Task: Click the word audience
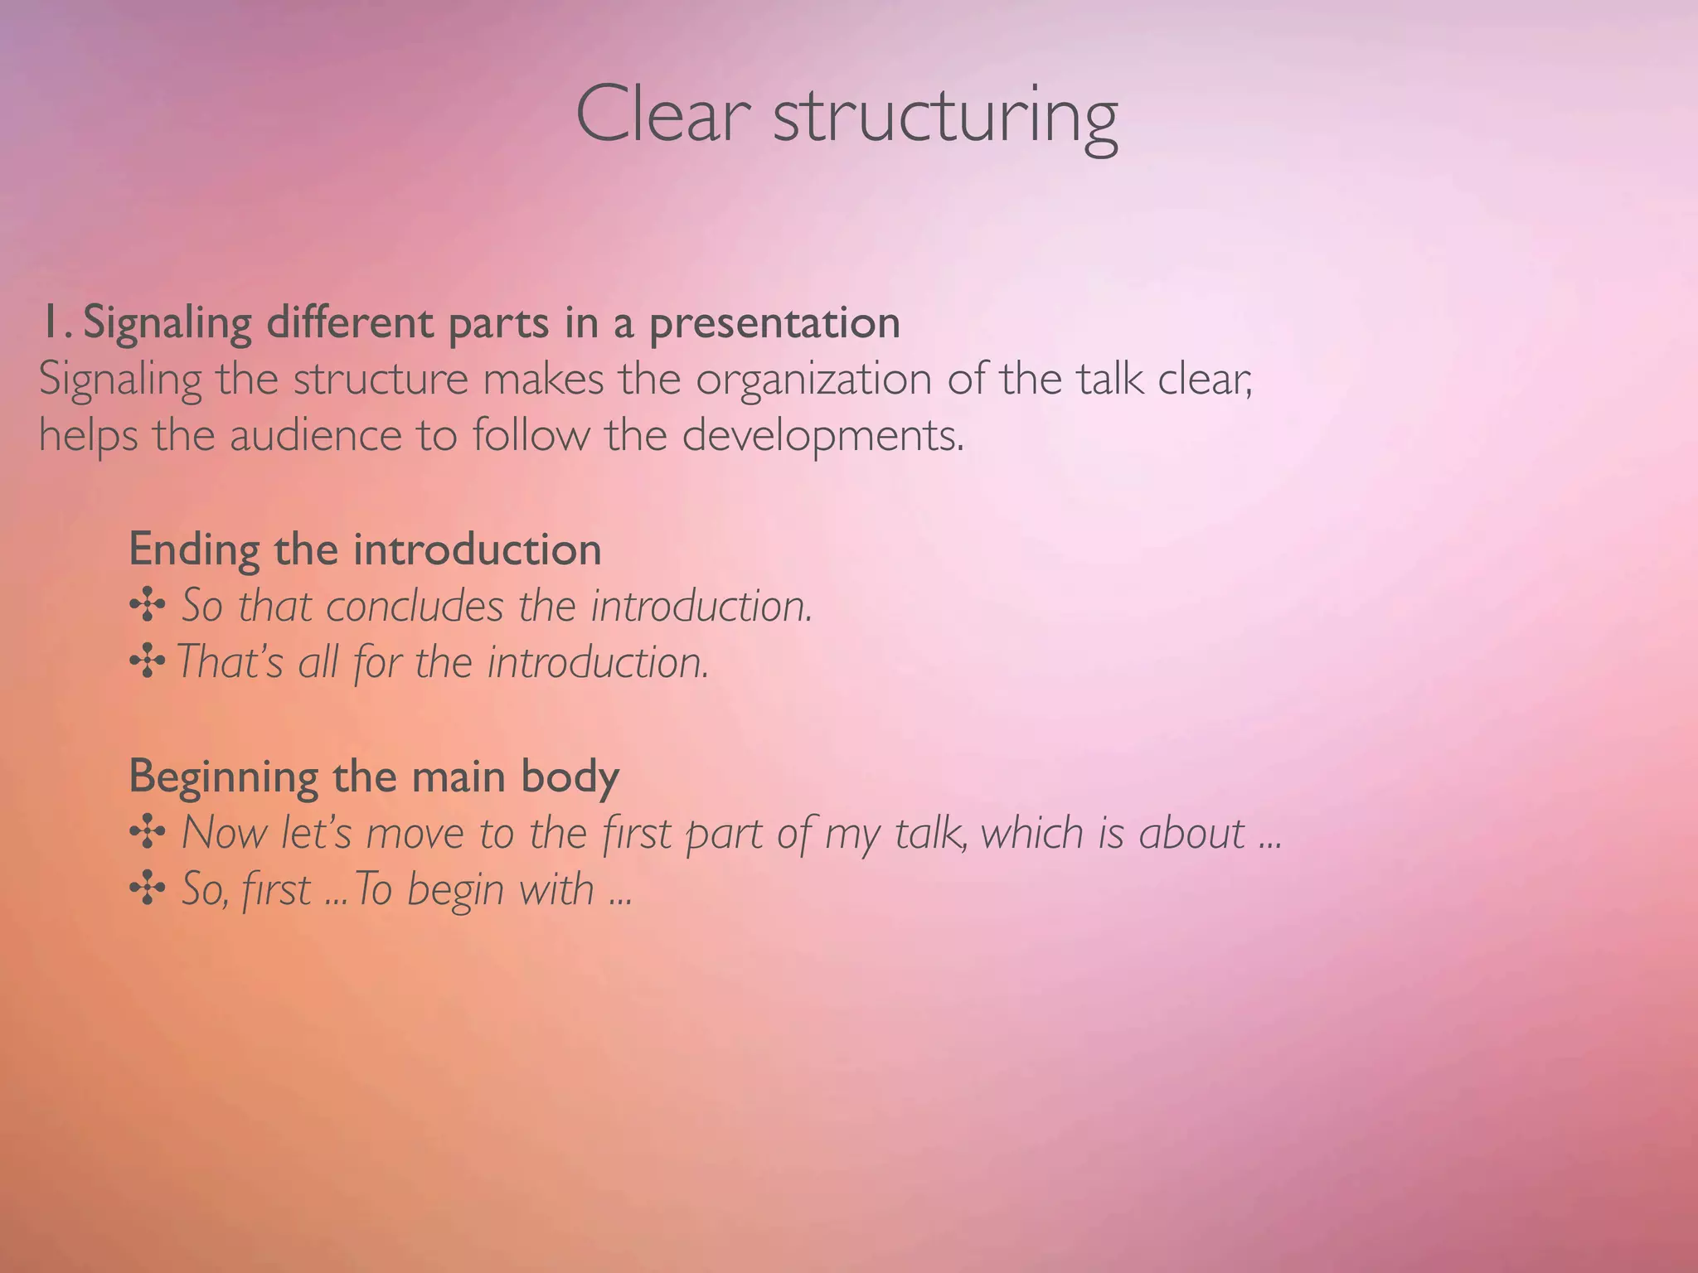(x=316, y=435)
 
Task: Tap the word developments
(x=822, y=437)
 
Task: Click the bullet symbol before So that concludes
(x=148, y=607)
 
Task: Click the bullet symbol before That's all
(x=147, y=663)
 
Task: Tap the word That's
(x=230, y=662)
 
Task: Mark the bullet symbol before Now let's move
(x=148, y=833)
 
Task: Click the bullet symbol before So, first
(x=148, y=889)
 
